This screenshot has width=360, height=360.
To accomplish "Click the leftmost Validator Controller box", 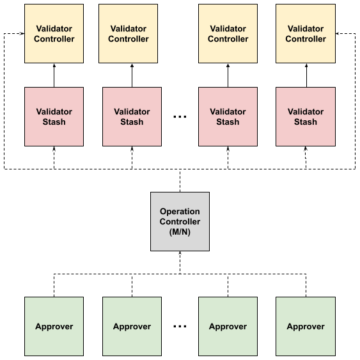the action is pos(54,33).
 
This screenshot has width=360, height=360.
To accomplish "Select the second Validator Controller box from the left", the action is pos(128,33).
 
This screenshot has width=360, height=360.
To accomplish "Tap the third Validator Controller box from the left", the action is pos(228,33).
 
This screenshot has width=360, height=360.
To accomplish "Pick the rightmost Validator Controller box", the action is pos(306,33).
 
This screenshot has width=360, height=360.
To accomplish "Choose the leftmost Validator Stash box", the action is pos(54,116).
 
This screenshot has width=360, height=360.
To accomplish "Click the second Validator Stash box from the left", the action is pos(132,116).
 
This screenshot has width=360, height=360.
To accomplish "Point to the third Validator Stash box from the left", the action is pos(228,116).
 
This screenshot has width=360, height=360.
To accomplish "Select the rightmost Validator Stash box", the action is pos(306,116).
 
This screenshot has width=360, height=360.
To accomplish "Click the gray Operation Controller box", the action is pos(180,221).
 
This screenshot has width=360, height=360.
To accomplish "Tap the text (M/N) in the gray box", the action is pos(180,232).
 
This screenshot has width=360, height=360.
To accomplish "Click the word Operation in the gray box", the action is pos(180,212).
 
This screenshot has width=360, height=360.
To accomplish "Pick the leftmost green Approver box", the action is pos(54,327).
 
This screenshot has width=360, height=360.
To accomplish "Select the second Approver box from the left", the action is pos(132,327).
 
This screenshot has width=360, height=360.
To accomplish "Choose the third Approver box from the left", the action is pos(228,327).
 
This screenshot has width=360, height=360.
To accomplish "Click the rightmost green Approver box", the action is pos(306,327).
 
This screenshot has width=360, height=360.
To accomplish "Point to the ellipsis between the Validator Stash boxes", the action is pos(180,117).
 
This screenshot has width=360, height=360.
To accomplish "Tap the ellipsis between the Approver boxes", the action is pos(180,327).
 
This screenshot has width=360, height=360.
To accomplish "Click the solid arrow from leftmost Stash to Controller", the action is pos(54,75).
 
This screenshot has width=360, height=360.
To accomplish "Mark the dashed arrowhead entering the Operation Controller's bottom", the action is pos(180,253).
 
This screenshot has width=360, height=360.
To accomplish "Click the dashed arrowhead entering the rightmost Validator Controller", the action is pos(337,33).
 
